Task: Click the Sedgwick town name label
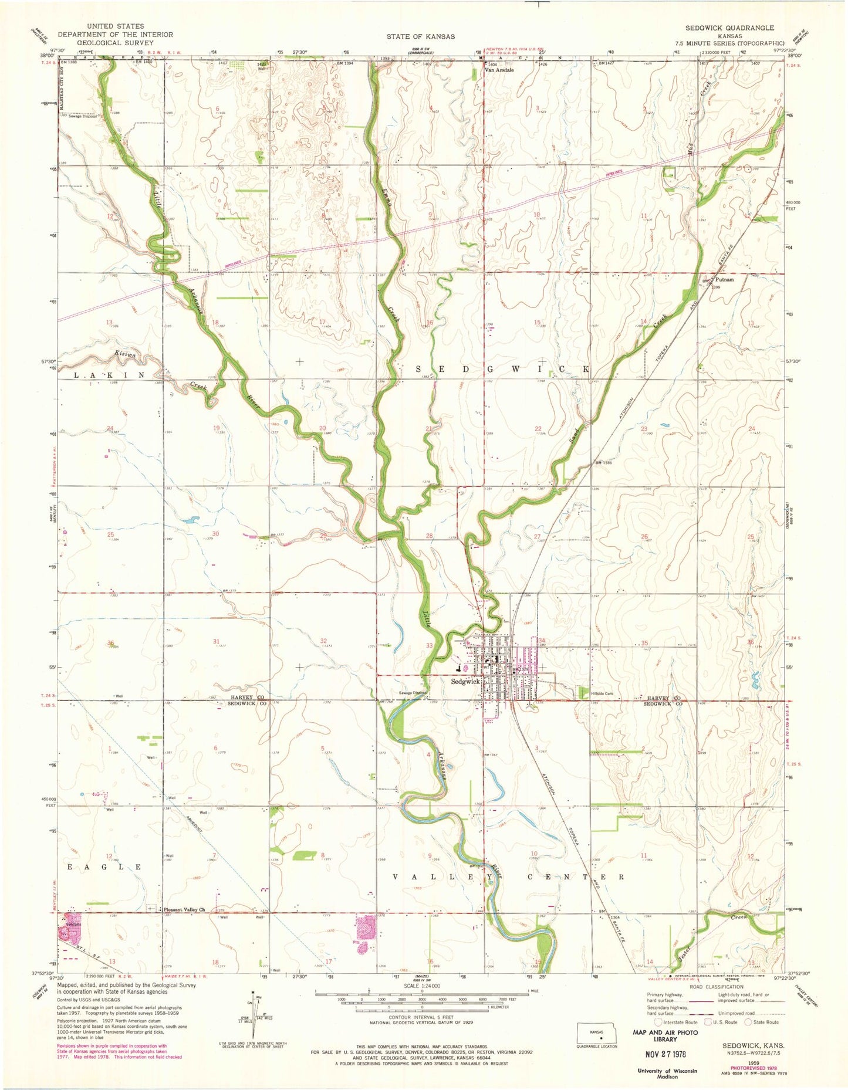click(465, 682)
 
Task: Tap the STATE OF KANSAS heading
click(420, 36)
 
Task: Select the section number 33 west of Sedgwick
click(430, 646)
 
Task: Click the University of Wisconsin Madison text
click(667, 1074)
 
